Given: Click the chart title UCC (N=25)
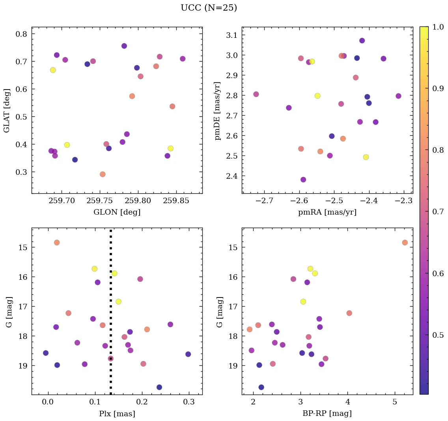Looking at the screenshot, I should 209,8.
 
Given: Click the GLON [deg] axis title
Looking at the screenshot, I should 117,212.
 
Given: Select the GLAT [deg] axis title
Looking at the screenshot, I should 7,110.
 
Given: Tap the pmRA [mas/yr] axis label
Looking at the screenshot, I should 327,212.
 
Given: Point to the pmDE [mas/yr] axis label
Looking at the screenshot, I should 217,110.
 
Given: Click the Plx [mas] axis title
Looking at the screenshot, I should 117,414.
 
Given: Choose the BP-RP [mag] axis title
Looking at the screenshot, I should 327,414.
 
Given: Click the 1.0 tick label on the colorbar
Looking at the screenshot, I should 438,27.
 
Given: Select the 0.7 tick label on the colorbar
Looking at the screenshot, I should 438,212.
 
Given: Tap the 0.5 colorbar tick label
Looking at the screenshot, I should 438,335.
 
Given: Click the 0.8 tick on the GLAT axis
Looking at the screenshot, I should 21,34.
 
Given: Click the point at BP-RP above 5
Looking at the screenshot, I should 405,242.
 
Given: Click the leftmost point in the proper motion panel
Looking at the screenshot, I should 256,94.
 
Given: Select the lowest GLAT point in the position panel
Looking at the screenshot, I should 103,174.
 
